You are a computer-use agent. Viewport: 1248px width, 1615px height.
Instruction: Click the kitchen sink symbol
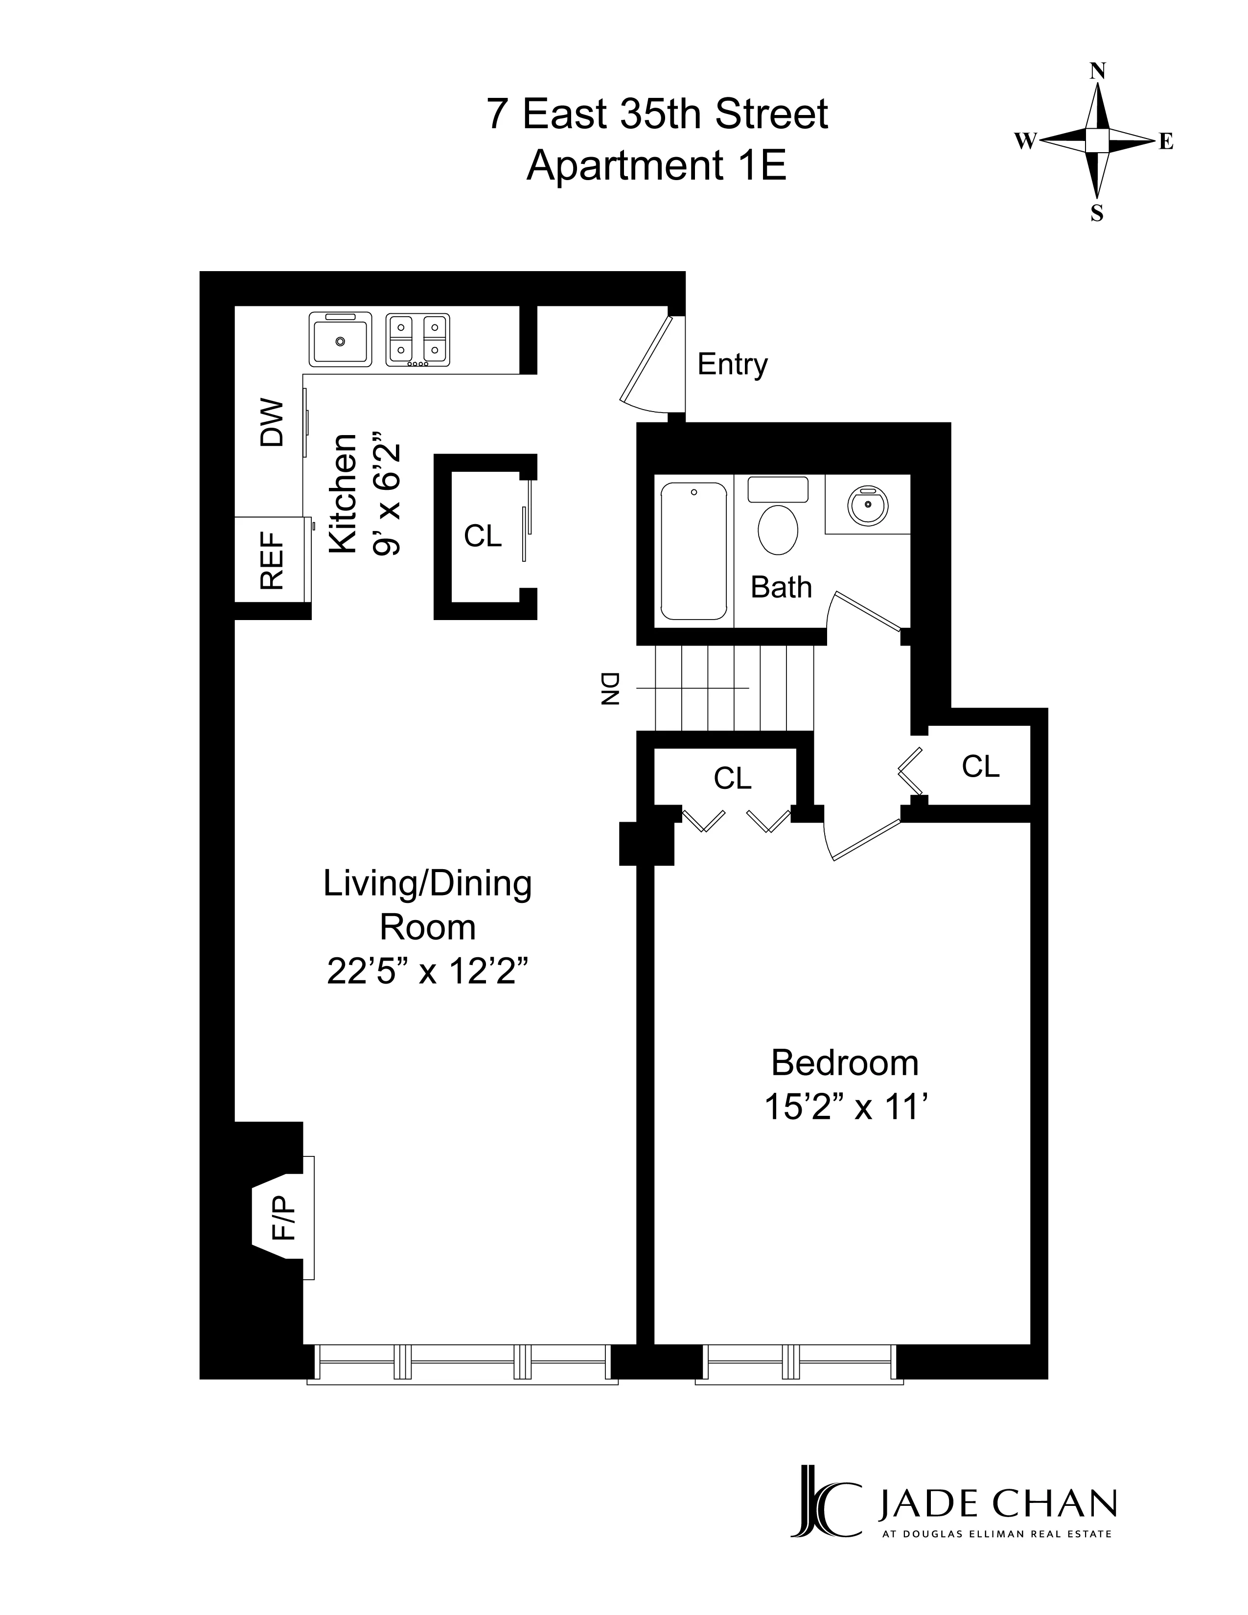340,340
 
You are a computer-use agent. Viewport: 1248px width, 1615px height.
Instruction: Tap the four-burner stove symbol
418,340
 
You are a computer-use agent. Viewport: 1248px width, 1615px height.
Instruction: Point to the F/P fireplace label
284,1218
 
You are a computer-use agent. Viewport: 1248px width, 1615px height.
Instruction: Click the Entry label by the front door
732,365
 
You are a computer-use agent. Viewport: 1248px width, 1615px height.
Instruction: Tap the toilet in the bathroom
778,528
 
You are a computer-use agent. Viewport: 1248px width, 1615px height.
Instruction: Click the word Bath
781,587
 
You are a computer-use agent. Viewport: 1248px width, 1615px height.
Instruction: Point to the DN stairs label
610,689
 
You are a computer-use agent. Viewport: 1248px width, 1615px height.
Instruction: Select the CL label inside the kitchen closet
482,536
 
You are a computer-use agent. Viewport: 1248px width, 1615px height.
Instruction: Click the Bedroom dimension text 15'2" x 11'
846,1107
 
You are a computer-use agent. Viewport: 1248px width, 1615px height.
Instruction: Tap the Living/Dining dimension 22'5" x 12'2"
427,971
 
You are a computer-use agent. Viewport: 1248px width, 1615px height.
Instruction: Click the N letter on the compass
1098,71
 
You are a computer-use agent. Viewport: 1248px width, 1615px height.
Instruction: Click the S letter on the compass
1097,214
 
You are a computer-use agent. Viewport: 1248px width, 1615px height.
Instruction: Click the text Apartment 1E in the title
656,164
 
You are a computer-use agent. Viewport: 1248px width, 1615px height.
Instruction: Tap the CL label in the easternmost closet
980,767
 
